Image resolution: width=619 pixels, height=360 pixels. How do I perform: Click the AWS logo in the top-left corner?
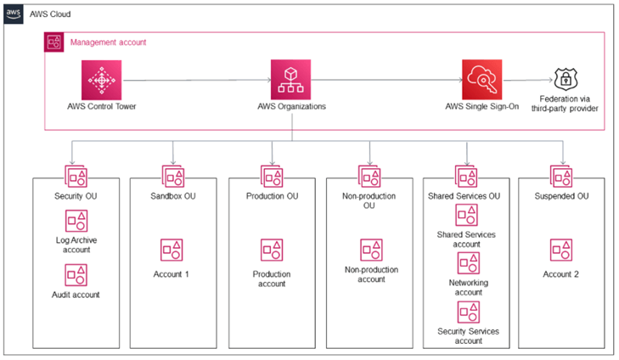(14, 14)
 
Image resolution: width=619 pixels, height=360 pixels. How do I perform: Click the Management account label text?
(108, 42)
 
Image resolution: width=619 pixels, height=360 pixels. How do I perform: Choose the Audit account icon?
(76, 274)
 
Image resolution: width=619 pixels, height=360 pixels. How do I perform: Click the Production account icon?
(272, 250)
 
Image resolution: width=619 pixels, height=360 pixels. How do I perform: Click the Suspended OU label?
(562, 196)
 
